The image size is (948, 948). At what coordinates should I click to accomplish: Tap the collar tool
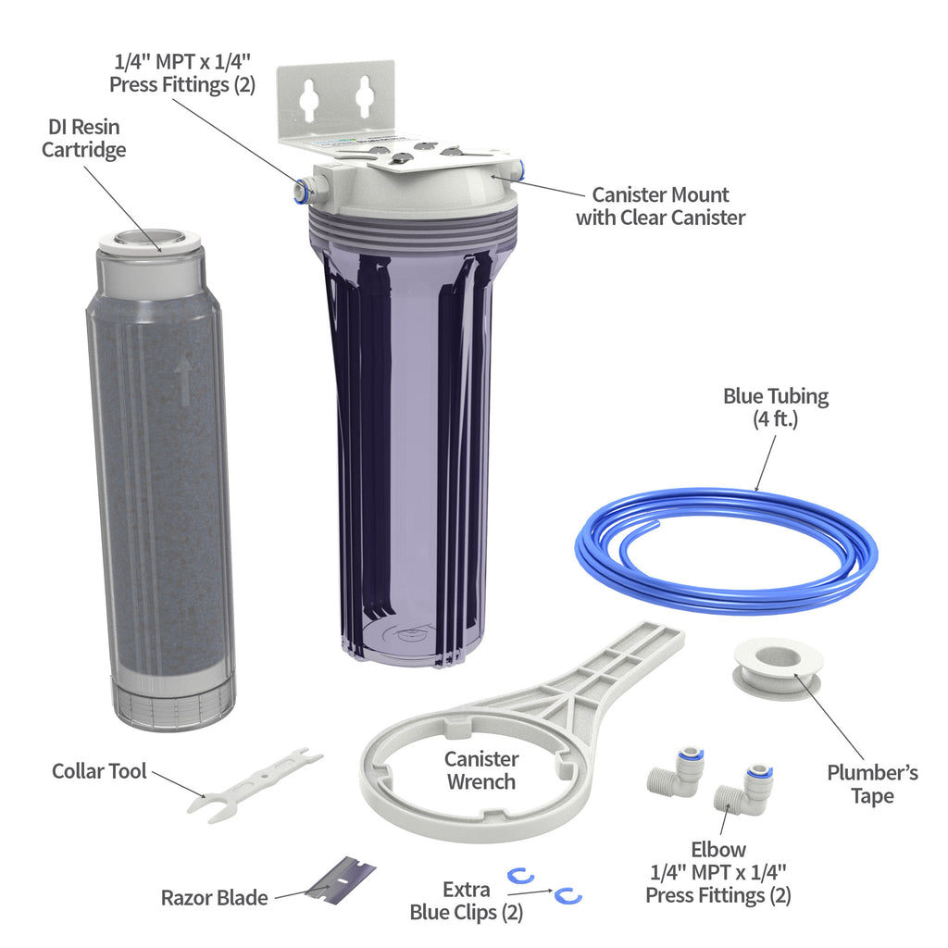coord(255,781)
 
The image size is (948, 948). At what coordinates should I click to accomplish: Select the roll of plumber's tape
coord(777,667)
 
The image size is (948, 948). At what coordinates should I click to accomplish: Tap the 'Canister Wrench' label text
coord(481,770)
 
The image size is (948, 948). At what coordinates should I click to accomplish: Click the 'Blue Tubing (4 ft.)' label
coord(775,408)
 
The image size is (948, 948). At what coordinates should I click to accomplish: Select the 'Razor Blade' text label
coord(214,897)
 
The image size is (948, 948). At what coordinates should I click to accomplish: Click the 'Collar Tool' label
coord(99,771)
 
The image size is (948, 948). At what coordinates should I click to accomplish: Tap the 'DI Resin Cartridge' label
coord(83,138)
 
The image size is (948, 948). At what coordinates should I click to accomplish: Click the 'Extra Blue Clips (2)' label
coord(467,901)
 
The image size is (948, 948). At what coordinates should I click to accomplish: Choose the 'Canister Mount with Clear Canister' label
coord(660,206)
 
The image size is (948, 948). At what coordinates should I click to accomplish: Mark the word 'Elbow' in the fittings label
coord(718,849)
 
